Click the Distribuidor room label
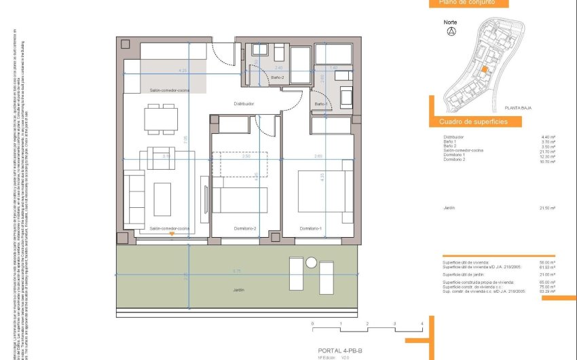coord(244,104)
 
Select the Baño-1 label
coord(320,103)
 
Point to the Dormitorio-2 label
coord(244,228)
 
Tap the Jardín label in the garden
coord(237,290)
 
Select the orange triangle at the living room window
coord(172,234)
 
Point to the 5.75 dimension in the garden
coord(236,272)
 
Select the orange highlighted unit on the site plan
coord(484,69)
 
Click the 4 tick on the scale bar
coord(422,324)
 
